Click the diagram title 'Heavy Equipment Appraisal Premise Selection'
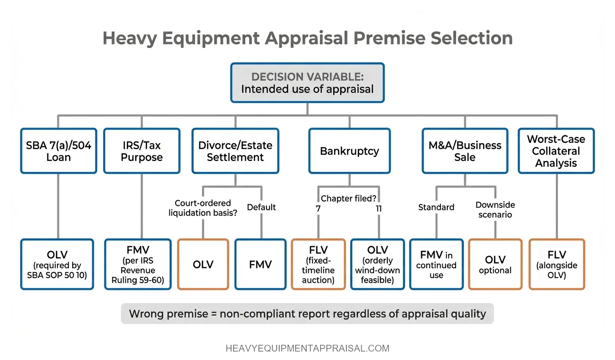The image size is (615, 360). coord(307,38)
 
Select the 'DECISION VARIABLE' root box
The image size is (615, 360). coord(307,83)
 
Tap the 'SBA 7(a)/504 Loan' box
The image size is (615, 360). coord(59,151)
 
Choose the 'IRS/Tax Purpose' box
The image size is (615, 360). coord(142,151)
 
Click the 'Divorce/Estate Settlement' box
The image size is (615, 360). coord(235,151)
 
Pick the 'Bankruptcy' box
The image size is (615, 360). coord(349,151)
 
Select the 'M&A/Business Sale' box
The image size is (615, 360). coord(465,151)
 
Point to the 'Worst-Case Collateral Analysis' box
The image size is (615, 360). coord(556,151)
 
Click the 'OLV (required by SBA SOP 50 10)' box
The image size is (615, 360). coord(57,265)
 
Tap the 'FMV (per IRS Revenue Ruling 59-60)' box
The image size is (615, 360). coord(138,265)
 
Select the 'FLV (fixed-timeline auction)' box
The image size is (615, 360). coord(318,265)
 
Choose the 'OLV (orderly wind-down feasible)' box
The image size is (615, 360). coord(377,265)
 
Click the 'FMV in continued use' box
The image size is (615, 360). coord(436,265)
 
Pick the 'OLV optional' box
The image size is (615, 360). coord(495,265)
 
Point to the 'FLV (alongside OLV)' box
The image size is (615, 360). coord(557,265)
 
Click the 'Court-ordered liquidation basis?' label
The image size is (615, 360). coord(203,208)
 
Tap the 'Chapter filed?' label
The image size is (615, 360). coord(348,199)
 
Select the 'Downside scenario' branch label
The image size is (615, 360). coord(495,210)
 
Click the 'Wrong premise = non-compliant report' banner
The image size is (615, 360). coord(307,314)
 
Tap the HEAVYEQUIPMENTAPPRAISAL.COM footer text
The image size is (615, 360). coord(307,349)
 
